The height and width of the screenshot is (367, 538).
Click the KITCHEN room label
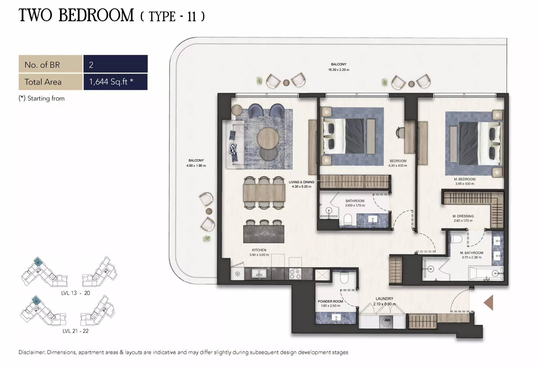[x=259, y=250]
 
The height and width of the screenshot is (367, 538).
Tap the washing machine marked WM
[x=387, y=321]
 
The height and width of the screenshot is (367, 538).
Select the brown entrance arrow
[x=489, y=302]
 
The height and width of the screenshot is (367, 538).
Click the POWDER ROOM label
[x=330, y=301]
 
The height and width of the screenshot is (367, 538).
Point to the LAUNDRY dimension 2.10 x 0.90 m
[x=384, y=304]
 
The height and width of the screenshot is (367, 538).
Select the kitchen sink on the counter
[x=259, y=273]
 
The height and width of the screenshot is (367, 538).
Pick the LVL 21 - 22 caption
[x=75, y=331]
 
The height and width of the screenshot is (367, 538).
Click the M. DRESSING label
[x=463, y=216]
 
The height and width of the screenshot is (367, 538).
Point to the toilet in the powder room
[x=344, y=278]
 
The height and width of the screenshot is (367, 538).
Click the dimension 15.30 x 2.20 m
[x=339, y=70]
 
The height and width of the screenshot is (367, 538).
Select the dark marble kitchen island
[x=264, y=234]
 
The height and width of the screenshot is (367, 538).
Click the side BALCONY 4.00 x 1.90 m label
[x=196, y=163]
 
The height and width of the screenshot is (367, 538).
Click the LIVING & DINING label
[x=301, y=182]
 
